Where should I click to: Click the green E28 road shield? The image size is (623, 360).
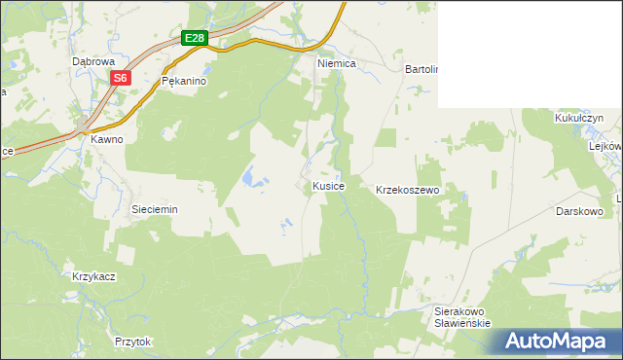pos(195,38)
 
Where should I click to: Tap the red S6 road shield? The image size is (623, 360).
pos(120,77)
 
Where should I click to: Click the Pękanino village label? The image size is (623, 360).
pos(184,82)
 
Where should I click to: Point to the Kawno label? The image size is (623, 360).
pos(107,139)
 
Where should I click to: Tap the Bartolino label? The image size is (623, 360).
pos(421,70)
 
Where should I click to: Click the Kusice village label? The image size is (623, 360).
pos(328,185)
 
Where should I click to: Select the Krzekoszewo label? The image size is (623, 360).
pos(409,190)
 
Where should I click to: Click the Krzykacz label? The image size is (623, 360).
pos(94,276)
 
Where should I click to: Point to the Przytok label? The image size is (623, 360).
pos(133,342)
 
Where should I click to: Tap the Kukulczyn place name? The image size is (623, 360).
pos(579,117)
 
